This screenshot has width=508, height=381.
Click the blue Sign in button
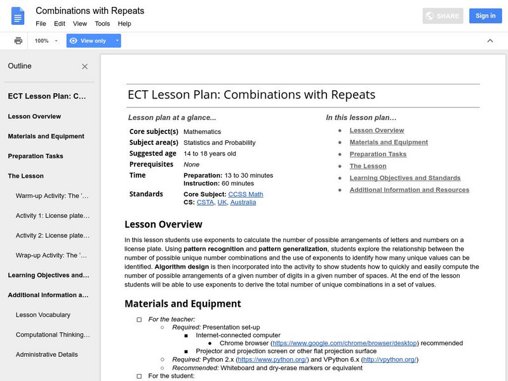pos(485,16)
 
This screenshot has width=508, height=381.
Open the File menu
pos(41,23)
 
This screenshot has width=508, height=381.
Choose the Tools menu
pos(102,23)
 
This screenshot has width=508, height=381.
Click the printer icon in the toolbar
pos(18,41)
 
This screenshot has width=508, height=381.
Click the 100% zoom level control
pos(46,41)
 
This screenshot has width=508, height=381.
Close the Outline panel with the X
pos(85,66)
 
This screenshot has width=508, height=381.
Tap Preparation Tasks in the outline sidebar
pos(36,156)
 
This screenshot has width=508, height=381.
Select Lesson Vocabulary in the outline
pos(43,315)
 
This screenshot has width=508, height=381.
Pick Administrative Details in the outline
pos(47,354)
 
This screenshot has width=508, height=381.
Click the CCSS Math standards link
pos(245,194)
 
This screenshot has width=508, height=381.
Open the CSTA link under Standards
pos(204,203)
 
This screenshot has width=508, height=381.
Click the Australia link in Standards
pos(243,203)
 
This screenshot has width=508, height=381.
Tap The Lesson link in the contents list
pos(368,166)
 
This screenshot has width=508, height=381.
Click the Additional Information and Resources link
pos(409,190)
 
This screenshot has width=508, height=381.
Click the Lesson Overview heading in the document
pos(163,224)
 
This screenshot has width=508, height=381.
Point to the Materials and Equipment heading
pos(182,304)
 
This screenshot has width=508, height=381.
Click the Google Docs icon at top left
pos(18,17)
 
